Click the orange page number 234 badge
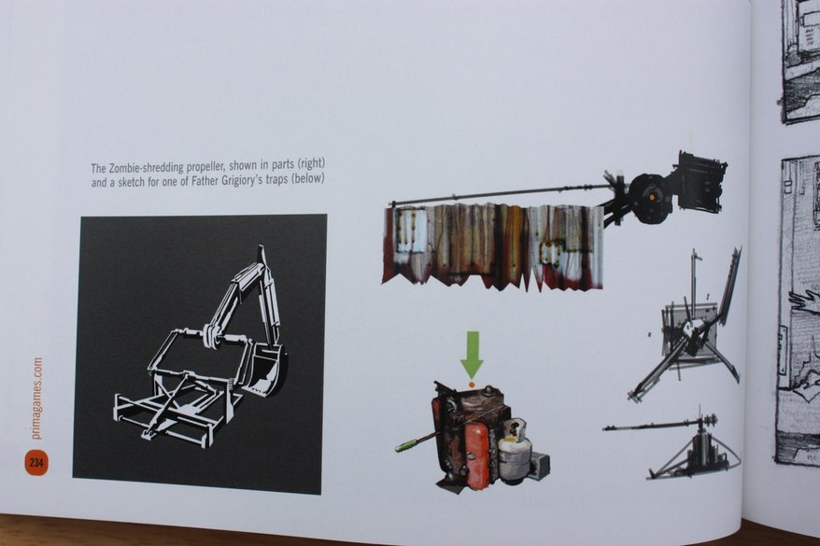pyautogui.click(x=35, y=462)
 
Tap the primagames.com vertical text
pyautogui.click(x=36, y=399)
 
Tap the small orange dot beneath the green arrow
pyautogui.click(x=472, y=384)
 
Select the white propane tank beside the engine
pyautogui.click(x=514, y=451)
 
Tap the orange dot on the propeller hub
pyautogui.click(x=652, y=197)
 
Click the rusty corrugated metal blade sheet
pyautogui.click(x=493, y=246)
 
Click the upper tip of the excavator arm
pyautogui.click(x=260, y=246)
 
